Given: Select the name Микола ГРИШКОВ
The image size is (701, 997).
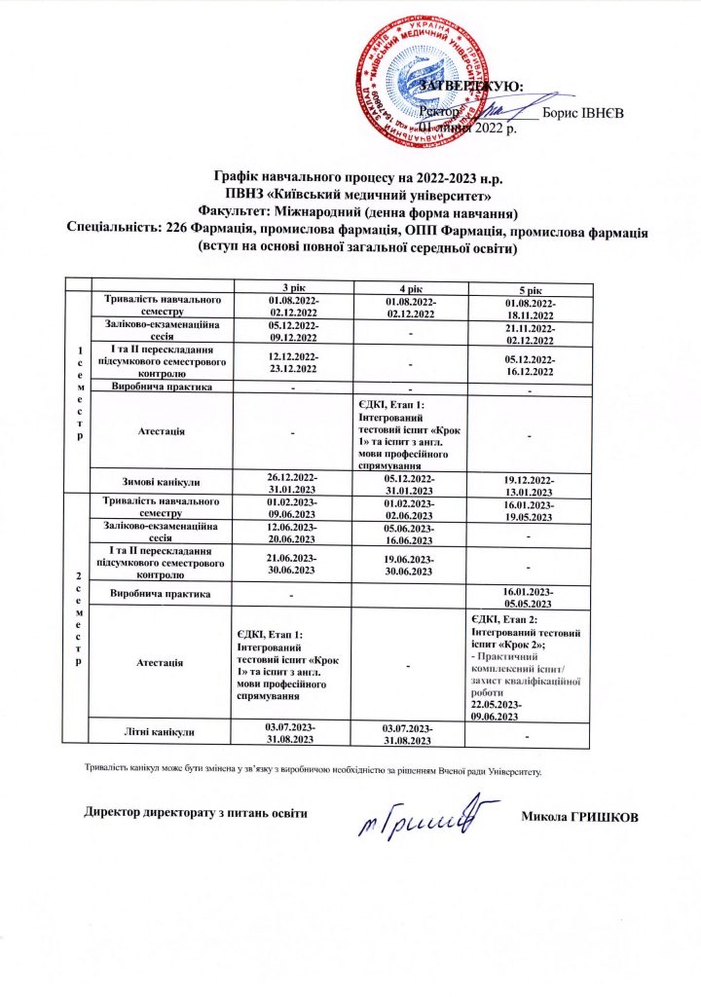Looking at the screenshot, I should pyautogui.click(x=580, y=815).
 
